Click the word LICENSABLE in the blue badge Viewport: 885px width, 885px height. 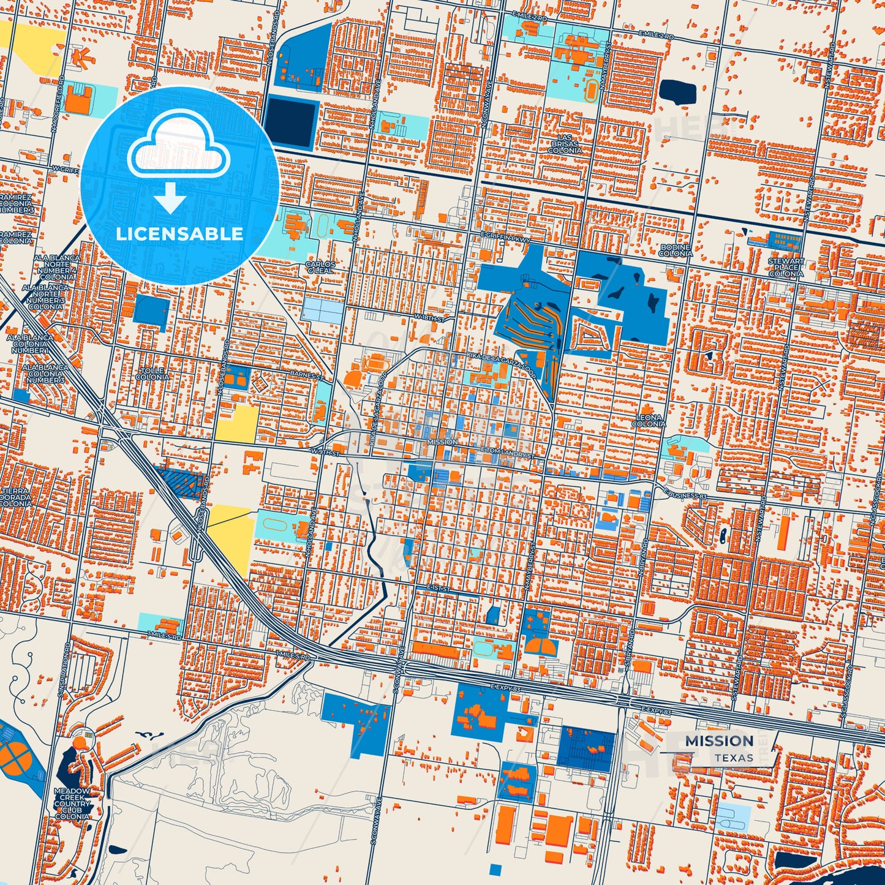[x=179, y=234]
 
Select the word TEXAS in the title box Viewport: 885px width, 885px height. [x=733, y=758]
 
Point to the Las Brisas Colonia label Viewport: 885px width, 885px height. [x=565, y=144]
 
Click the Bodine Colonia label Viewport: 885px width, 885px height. [x=676, y=250]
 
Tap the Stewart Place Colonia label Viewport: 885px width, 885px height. [x=786, y=267]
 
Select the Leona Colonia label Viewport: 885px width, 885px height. [x=649, y=421]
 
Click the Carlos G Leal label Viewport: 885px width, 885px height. [x=320, y=267]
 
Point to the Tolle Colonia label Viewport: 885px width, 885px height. [x=153, y=374]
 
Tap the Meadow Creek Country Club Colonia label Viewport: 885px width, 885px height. [x=72, y=804]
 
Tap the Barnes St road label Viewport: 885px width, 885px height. [x=305, y=374]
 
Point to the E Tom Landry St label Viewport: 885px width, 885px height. [x=508, y=451]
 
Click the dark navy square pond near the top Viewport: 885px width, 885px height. [x=291, y=121]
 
